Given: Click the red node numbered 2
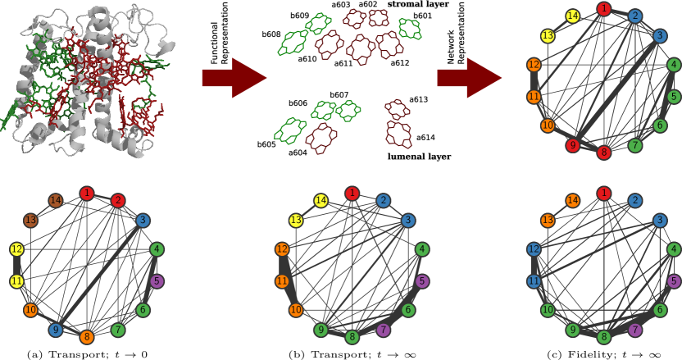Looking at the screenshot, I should point(118,200).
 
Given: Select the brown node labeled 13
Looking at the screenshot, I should point(30,221).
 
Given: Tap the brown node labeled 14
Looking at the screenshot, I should point(55,201).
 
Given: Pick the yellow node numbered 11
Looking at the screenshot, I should point(16,281).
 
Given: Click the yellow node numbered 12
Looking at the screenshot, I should point(16,249).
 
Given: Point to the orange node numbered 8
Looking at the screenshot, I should point(87,337).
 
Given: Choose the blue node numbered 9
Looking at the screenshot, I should point(55,330).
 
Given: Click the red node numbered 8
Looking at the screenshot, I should point(604,153).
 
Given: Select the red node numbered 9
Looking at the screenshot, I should point(572,145).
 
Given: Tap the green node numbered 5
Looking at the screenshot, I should point(674,97).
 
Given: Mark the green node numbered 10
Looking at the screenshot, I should point(548,310).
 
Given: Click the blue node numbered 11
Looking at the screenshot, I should point(534,281).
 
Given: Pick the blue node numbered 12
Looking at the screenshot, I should point(534,249).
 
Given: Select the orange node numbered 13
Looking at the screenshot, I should point(548,221).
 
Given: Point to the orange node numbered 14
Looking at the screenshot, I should point(572,201).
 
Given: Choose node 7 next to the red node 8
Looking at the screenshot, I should point(635,145).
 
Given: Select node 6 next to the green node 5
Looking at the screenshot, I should point(660,125).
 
